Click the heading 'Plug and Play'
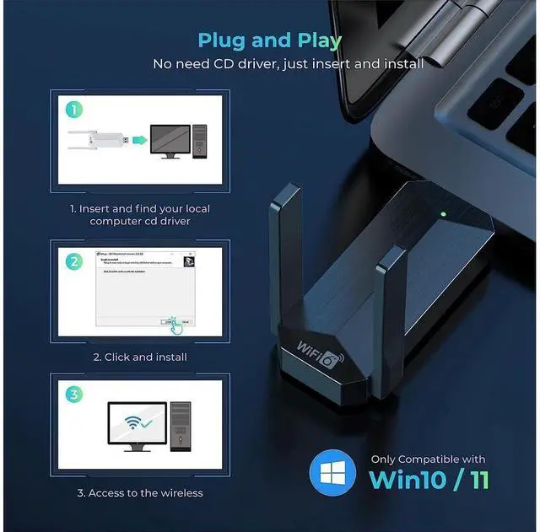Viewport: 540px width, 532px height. click(270, 40)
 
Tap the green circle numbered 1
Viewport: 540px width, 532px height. click(74, 110)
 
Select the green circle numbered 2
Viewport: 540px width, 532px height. click(74, 261)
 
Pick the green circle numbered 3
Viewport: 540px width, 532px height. click(74, 395)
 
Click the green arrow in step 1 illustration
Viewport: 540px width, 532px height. click(139, 137)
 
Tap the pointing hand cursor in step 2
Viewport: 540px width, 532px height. click(173, 322)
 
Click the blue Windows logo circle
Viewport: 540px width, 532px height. click(332, 473)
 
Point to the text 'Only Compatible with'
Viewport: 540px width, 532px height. click(428, 459)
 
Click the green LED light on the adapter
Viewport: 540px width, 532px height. click(442, 212)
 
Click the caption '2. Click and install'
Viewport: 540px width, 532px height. click(140, 357)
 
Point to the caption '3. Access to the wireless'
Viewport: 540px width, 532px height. click(140, 492)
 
